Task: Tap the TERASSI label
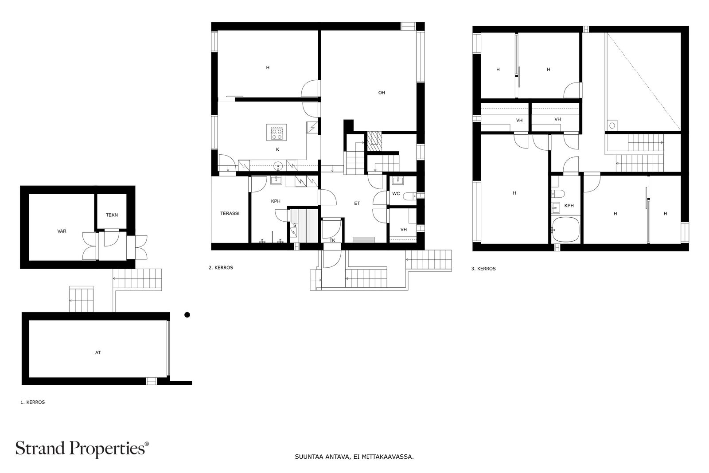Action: point(230,213)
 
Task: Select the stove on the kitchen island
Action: point(277,133)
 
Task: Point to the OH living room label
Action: point(382,93)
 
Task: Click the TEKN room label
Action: point(112,215)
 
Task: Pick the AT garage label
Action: point(98,352)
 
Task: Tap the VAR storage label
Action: point(62,231)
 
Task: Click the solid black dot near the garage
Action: point(187,315)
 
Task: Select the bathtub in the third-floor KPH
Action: point(565,230)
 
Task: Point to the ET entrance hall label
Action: point(357,203)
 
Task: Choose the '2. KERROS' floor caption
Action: point(221,267)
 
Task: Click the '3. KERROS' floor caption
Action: point(483,269)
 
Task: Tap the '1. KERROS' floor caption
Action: point(33,402)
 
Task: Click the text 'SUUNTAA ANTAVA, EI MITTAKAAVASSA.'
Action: point(354,457)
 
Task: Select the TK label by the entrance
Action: point(332,241)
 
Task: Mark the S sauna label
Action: point(295,226)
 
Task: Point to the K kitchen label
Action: point(277,149)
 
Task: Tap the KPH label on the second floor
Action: point(276,201)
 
